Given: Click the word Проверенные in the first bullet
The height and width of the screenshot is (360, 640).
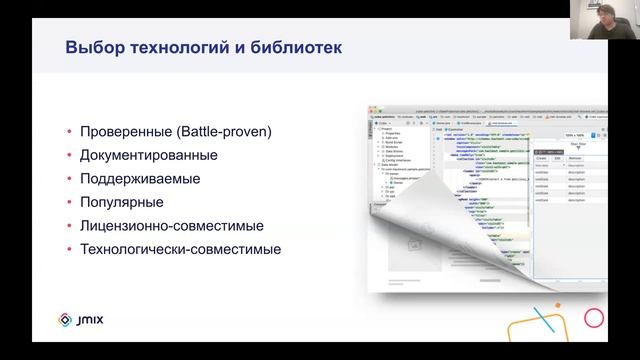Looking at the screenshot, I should tap(124, 131).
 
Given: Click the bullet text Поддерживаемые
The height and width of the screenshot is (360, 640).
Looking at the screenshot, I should tap(140, 179).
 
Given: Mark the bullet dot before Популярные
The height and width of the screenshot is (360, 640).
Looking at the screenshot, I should tap(68, 203).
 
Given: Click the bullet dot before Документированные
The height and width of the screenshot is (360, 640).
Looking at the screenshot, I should tap(68, 156).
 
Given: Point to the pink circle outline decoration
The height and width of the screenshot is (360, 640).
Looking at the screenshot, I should tap(594, 318).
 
